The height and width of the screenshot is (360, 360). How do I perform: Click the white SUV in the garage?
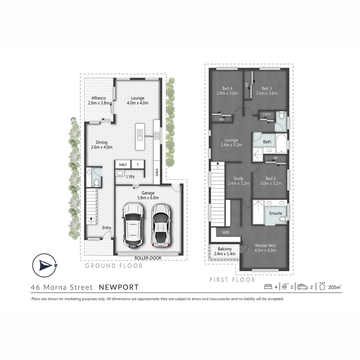tap(133, 225)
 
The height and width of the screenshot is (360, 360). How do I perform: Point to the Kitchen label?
tap(149, 136)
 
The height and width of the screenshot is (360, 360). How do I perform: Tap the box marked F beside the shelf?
tap(137, 164)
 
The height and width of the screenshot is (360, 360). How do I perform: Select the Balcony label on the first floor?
tap(224, 249)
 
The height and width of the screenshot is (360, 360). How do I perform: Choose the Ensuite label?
tap(275, 213)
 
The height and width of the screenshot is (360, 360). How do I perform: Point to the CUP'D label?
tap(267, 115)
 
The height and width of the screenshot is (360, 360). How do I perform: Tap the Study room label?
tap(238, 179)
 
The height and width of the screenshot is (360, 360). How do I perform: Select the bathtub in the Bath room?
tap(281, 142)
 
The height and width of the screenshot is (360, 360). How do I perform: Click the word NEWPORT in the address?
tap(119, 287)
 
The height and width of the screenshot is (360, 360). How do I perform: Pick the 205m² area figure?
tap(334, 287)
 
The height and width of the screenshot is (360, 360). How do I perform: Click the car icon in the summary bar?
tap(302, 287)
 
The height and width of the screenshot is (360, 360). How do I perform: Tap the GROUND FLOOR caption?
tap(114, 266)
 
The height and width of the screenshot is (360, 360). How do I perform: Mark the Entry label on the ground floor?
tap(107, 228)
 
